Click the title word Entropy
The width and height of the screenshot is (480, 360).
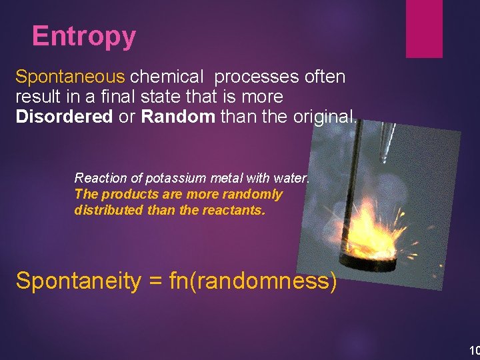click(83, 36)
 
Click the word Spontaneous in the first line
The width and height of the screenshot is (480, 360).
click(70, 77)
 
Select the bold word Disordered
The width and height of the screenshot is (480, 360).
click(64, 117)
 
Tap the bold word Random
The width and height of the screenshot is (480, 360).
click(178, 117)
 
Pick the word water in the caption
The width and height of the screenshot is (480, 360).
click(293, 178)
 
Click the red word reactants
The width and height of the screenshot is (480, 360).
click(236, 210)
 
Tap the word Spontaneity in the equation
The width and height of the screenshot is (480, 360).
click(78, 281)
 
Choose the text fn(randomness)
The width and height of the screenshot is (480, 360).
click(253, 281)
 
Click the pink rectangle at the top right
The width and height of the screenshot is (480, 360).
click(424, 28)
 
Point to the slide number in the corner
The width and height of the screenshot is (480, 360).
click(474, 350)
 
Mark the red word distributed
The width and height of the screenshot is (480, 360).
click(107, 210)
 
